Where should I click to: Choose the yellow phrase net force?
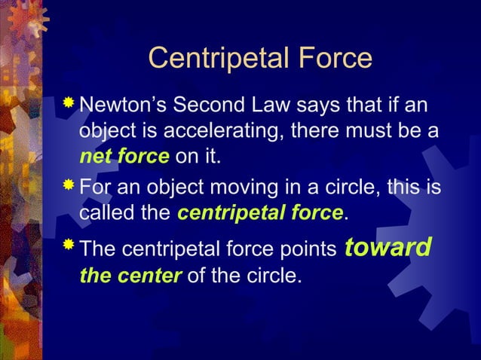point(124,157)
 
